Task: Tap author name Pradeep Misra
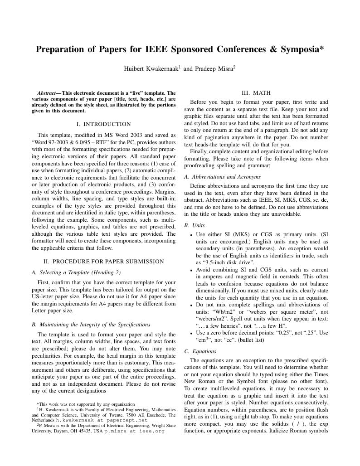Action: click(x=214, y=69)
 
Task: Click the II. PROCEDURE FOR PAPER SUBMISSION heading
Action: click(x=103, y=261)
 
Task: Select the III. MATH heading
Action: click(x=256, y=92)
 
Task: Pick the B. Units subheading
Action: click(x=195, y=225)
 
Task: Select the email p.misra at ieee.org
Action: click(x=134, y=431)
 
